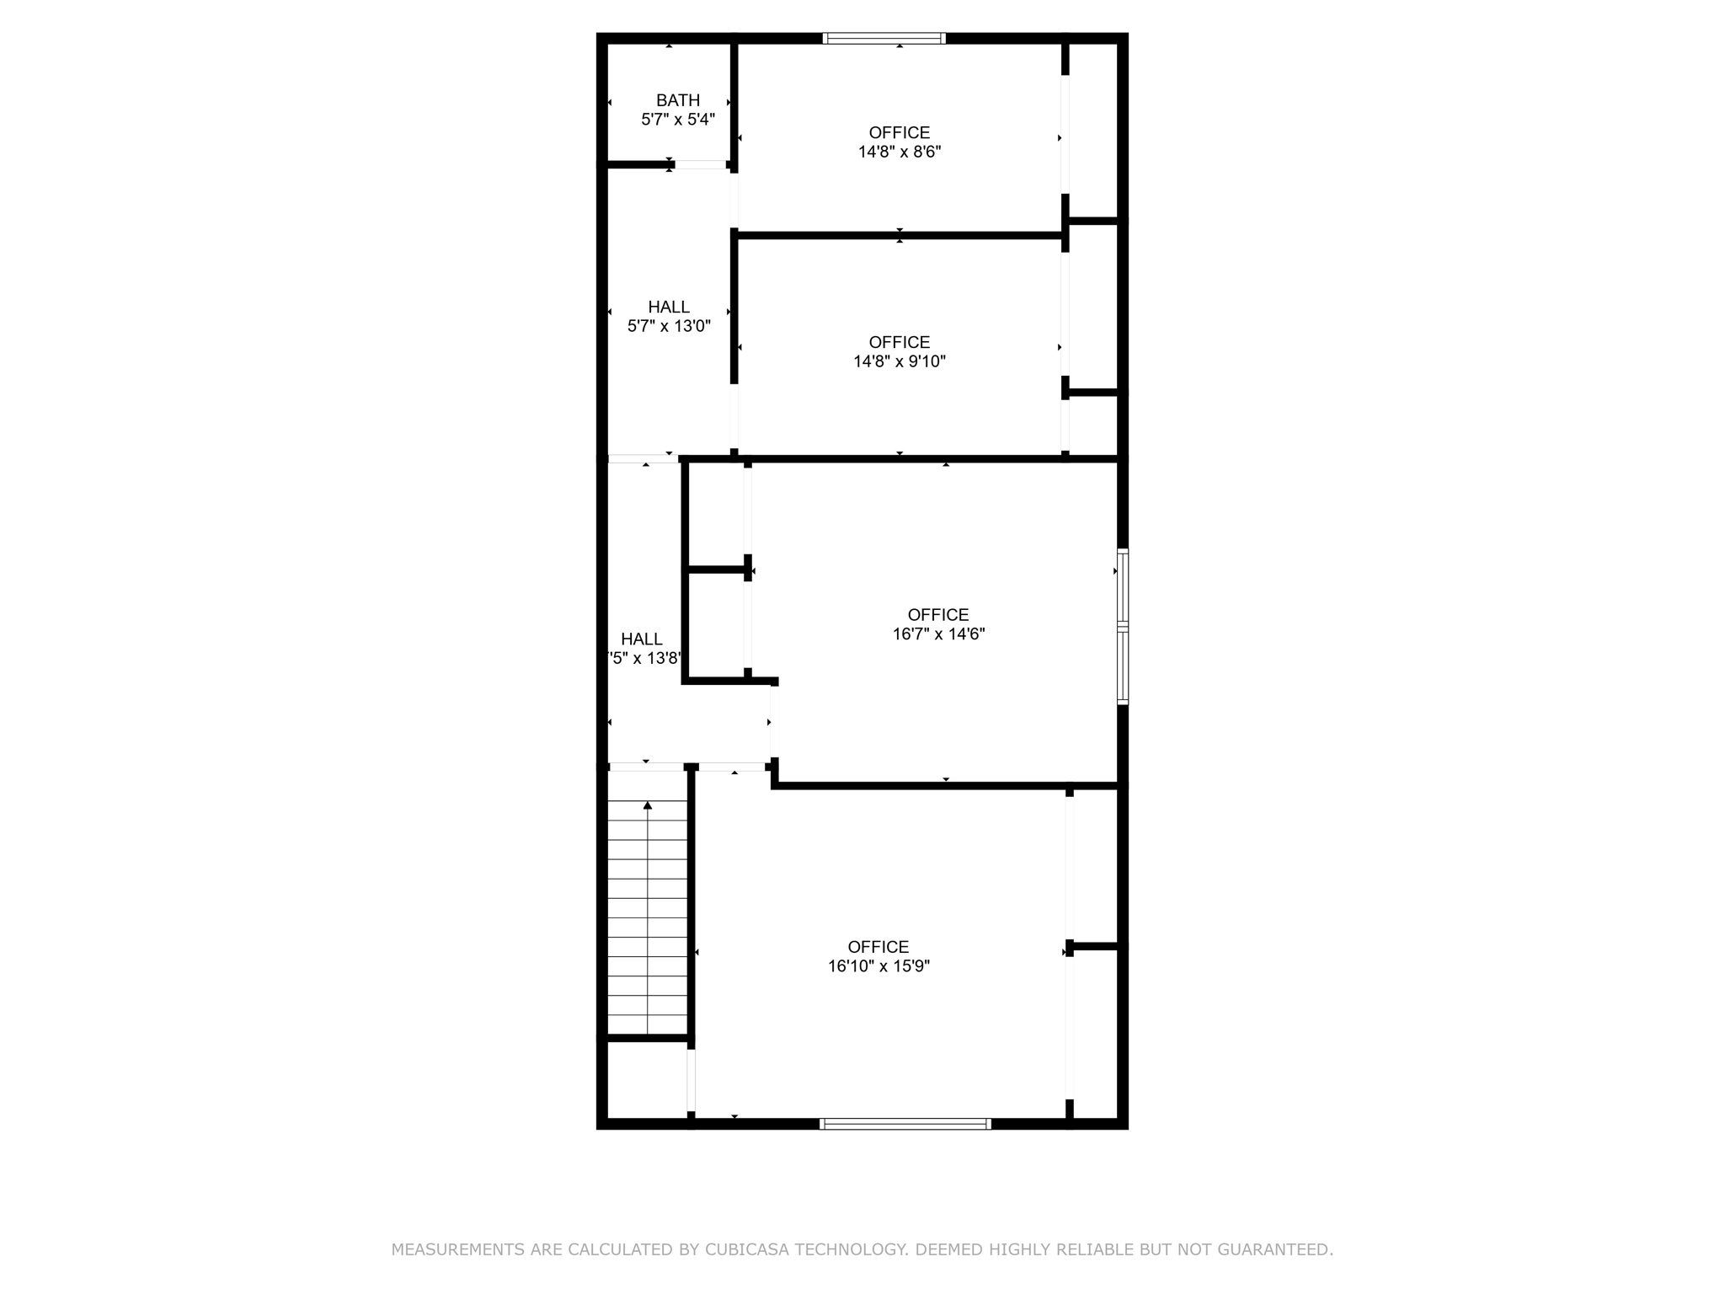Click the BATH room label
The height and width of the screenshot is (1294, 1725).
(678, 100)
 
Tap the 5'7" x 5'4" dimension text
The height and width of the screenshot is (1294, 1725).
(678, 120)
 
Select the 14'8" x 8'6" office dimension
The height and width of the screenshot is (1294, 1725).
(900, 152)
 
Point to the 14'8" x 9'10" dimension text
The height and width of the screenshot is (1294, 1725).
(900, 362)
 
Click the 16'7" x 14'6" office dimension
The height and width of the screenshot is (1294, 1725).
(938, 634)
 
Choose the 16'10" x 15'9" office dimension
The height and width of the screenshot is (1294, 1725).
(879, 966)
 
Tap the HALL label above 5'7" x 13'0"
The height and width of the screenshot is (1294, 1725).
(669, 307)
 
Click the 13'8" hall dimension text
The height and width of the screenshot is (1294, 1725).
(645, 659)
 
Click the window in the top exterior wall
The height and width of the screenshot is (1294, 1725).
(884, 38)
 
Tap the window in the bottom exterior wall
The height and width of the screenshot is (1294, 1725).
(905, 1124)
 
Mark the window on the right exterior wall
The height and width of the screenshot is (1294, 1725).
(1123, 626)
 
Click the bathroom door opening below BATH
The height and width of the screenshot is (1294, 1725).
(701, 165)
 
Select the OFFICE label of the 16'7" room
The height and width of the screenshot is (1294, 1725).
(938, 615)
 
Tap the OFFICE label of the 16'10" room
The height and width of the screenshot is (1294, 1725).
(879, 947)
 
